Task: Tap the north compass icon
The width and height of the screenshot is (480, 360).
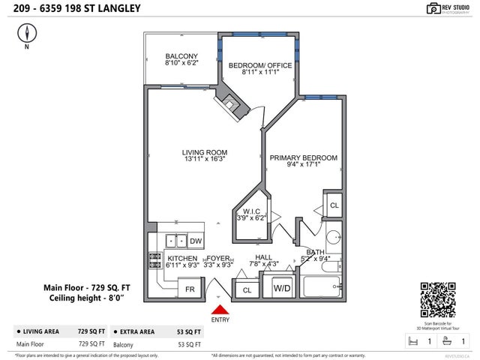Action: point(28,33)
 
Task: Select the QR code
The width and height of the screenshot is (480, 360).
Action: point(437,301)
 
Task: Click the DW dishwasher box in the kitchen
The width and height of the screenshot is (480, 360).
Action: point(195,241)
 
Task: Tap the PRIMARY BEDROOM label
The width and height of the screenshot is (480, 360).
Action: point(303,157)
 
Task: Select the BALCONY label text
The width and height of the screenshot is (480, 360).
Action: point(181,56)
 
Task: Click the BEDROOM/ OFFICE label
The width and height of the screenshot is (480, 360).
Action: point(259,64)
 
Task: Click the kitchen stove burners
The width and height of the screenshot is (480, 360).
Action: point(155,260)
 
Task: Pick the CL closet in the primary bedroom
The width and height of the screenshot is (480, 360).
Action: point(334,205)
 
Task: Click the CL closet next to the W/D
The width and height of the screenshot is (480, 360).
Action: point(245,289)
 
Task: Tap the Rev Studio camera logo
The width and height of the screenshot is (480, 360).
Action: point(433,8)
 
